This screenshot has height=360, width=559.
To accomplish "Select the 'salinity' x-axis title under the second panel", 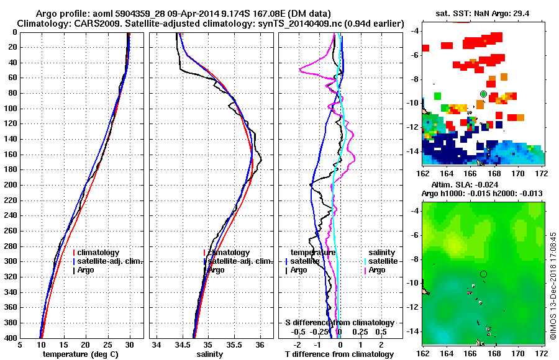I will (x=211, y=354).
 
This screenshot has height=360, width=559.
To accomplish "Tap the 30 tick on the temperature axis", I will (x=130, y=345).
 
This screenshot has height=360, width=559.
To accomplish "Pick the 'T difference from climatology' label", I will (x=339, y=354).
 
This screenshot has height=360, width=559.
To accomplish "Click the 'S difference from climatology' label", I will (x=339, y=323).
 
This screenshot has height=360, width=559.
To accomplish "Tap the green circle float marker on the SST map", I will (x=483, y=94).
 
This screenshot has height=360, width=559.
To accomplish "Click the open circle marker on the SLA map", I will (x=483, y=274).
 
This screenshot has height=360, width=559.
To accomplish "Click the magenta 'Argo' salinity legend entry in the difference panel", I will (x=376, y=270).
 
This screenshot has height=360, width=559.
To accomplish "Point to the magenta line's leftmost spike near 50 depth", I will (x=301, y=70).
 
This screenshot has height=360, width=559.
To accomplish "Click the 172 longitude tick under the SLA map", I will (x=542, y=352).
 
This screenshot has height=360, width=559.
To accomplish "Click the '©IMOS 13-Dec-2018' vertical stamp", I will (x=553, y=286).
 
